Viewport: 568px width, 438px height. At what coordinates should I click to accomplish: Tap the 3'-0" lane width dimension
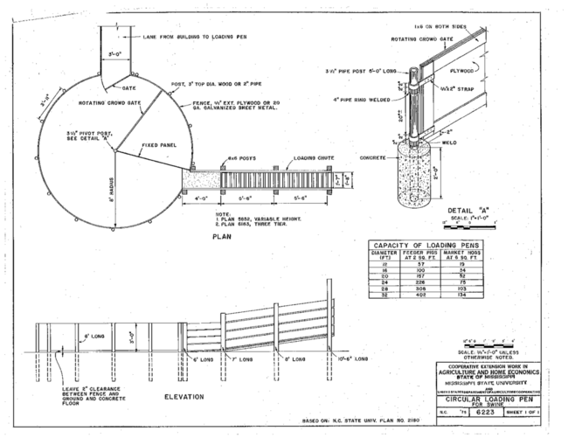tap(114, 52)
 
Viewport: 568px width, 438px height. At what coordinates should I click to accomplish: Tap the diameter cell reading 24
tap(382, 282)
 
